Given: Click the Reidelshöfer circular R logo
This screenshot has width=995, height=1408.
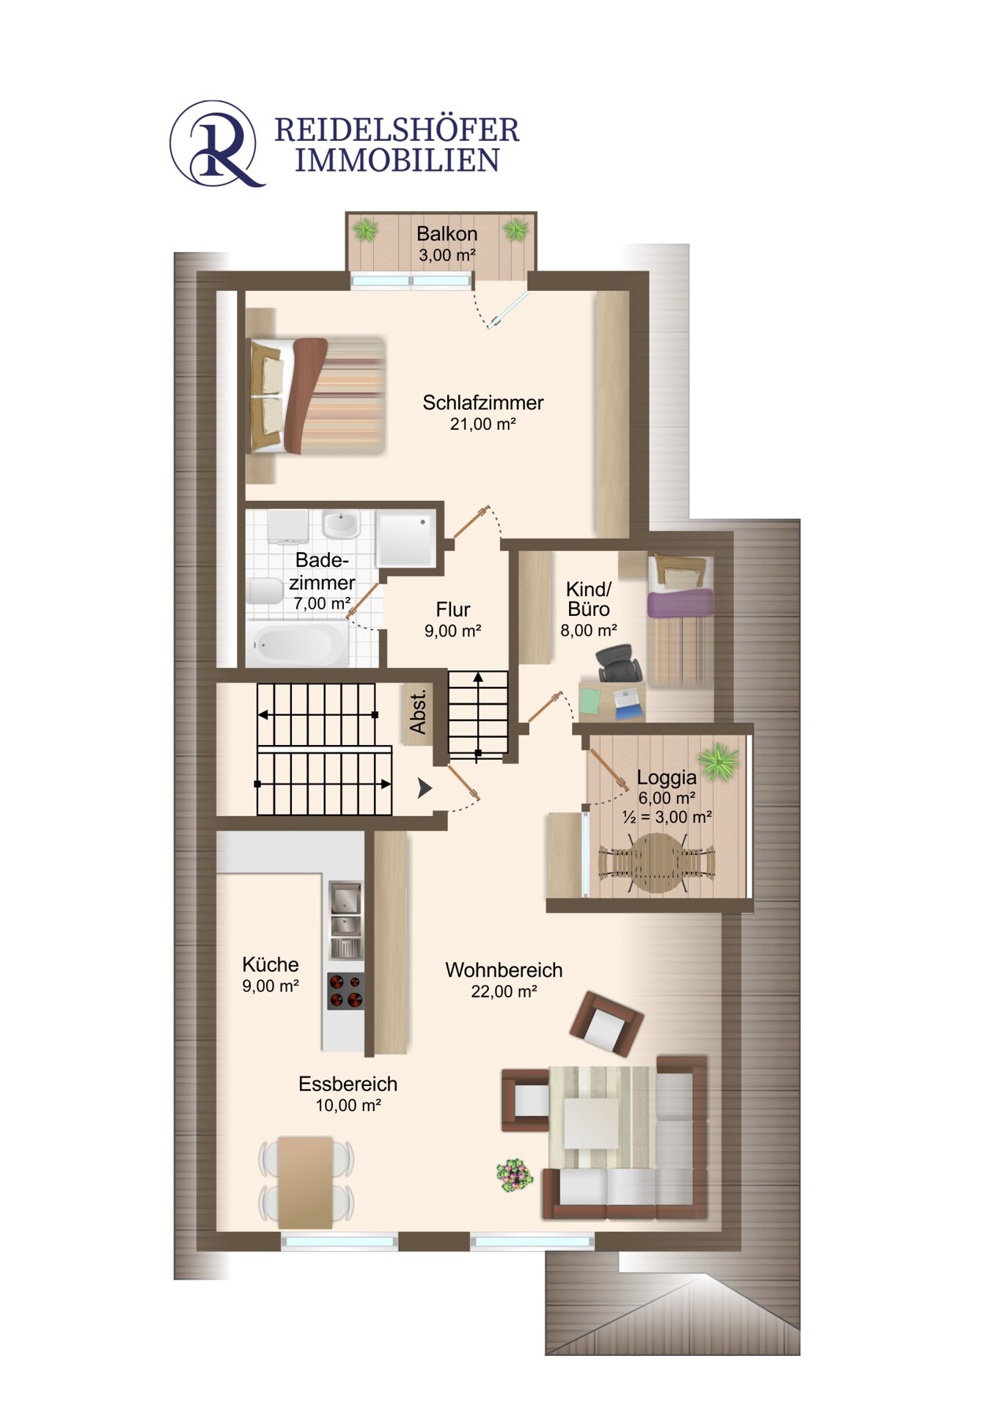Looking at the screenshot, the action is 216,144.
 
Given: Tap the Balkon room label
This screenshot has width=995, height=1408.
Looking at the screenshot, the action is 447,234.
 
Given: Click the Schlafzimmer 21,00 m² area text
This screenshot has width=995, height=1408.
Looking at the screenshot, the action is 483,424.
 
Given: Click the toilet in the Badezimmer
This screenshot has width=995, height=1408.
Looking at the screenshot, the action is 265,591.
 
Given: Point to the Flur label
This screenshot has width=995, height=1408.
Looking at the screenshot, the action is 453,609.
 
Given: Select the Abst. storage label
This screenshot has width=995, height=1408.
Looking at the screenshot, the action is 418,712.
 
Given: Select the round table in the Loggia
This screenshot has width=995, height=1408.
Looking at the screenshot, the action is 657,862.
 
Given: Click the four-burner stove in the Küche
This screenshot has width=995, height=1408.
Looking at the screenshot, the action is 345,991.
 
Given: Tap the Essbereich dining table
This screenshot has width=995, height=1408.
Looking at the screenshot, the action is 306,1183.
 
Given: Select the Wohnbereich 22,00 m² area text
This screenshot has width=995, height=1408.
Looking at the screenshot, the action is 504,991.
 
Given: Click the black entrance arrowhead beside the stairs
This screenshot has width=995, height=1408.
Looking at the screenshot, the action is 425,788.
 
